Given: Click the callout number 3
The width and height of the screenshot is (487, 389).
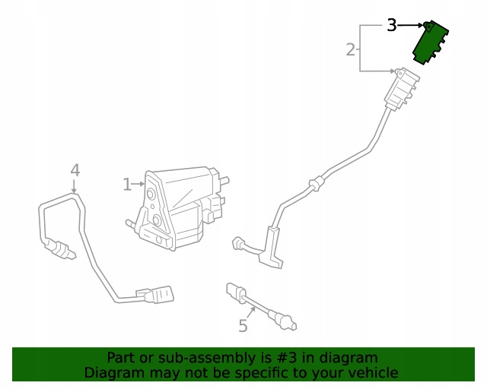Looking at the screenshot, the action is coord(392,25).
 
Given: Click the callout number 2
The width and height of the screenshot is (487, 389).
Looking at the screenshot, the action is coord(351,49).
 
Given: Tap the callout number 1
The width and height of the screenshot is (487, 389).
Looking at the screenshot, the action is coord(127,185).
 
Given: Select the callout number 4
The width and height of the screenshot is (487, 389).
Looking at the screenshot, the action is coord(75,170).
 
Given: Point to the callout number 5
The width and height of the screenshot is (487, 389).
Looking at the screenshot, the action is coord(243,326).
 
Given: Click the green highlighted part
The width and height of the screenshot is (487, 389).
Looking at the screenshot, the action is coord(430,43).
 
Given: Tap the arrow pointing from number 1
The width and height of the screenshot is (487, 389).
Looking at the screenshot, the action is coord(138,185).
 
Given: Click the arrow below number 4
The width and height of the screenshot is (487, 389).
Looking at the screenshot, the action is coord(74,186).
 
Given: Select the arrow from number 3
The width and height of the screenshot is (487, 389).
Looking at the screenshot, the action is coord(411,25).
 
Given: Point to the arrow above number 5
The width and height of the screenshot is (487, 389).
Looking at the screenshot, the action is coord(252,313).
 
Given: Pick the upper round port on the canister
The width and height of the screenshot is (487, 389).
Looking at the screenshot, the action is coord(151,194).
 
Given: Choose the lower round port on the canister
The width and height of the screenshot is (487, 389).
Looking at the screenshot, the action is coord(156,220).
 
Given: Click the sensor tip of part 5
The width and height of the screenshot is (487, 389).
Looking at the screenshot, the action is coord(286,322).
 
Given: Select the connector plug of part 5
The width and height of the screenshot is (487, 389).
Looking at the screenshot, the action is coord(236,292).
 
